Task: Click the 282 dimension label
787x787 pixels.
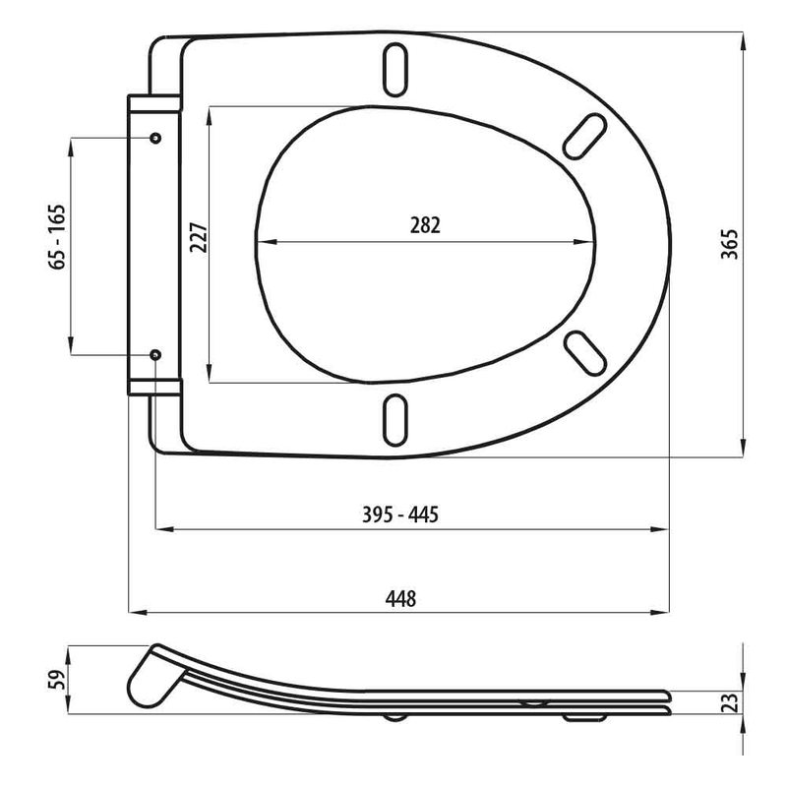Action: pyautogui.click(x=425, y=224)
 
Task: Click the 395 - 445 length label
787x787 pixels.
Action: pyautogui.click(x=413, y=515)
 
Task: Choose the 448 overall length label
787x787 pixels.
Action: pyautogui.click(x=401, y=598)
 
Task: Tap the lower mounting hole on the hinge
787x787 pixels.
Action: pyautogui.click(x=155, y=353)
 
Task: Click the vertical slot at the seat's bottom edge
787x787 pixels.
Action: pyautogui.click(x=395, y=417)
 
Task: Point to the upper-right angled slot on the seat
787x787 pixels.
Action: pyautogui.click(x=585, y=136)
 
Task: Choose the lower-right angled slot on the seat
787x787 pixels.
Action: pyautogui.click(x=583, y=350)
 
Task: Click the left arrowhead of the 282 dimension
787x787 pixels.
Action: pyautogui.click(x=260, y=241)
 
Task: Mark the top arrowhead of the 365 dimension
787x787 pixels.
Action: pyautogui.click(x=742, y=37)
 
